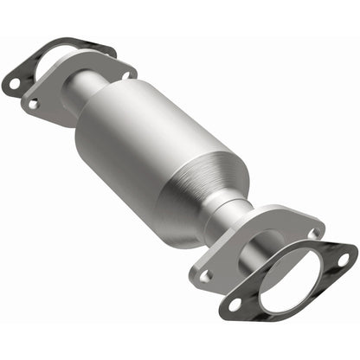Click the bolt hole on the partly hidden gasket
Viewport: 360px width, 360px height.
14,84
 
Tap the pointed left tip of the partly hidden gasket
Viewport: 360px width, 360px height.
5,85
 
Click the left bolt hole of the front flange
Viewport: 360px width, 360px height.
206,277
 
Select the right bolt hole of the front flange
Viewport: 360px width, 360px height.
313,233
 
